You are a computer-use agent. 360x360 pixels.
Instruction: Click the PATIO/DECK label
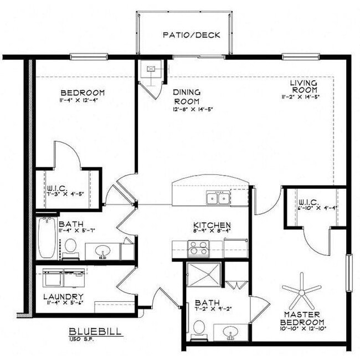pos(192,35)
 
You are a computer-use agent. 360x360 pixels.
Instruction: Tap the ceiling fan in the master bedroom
pos(301,291)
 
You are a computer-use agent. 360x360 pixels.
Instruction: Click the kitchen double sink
pos(218,198)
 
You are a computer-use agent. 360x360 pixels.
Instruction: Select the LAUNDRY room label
pos(63,297)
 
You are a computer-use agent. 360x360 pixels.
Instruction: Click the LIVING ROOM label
pos(304,86)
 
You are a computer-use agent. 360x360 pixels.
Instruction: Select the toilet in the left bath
pos(70,245)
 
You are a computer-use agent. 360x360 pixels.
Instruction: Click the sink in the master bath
pos(229,333)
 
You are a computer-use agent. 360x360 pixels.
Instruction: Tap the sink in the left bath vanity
pos(103,253)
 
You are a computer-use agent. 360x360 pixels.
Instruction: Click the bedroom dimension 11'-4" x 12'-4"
pos(83,100)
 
